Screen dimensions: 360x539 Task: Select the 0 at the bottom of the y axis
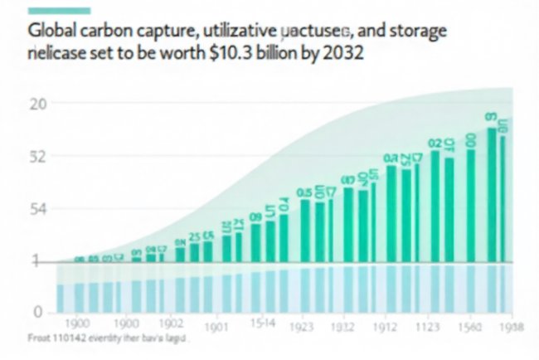coord(37,312)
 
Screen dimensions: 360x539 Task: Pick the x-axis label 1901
coord(216,327)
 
